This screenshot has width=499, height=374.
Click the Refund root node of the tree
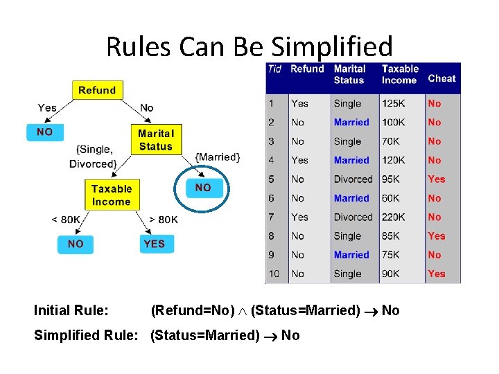(x=97, y=90)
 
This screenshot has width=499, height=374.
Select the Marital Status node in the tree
(x=155, y=139)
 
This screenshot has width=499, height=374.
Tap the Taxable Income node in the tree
(x=111, y=195)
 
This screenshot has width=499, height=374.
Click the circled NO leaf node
(x=203, y=188)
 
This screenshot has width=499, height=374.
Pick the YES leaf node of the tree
(x=154, y=244)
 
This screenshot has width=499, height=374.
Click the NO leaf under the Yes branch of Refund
(x=44, y=132)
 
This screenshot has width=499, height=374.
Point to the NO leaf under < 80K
(x=76, y=244)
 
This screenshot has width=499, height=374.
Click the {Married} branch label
(x=218, y=157)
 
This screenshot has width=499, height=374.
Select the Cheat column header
(x=441, y=78)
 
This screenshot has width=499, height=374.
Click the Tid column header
(x=275, y=69)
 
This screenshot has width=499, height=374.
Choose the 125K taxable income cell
(x=393, y=103)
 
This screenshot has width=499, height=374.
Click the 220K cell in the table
(x=393, y=217)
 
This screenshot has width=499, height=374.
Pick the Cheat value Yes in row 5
(x=436, y=179)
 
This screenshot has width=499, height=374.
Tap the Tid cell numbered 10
(x=274, y=274)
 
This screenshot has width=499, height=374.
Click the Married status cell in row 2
(x=351, y=122)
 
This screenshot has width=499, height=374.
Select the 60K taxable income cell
(x=391, y=198)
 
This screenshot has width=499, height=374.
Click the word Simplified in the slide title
(x=331, y=46)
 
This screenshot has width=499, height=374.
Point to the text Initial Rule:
(x=71, y=310)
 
